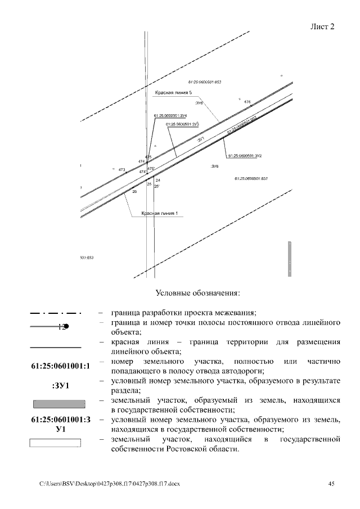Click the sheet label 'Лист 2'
click(322, 27)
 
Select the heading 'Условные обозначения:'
click(197, 293)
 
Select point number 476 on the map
click(247, 102)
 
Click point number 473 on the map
click(121, 169)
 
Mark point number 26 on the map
click(134, 192)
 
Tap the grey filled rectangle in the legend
click(59, 404)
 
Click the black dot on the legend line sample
click(66, 326)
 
